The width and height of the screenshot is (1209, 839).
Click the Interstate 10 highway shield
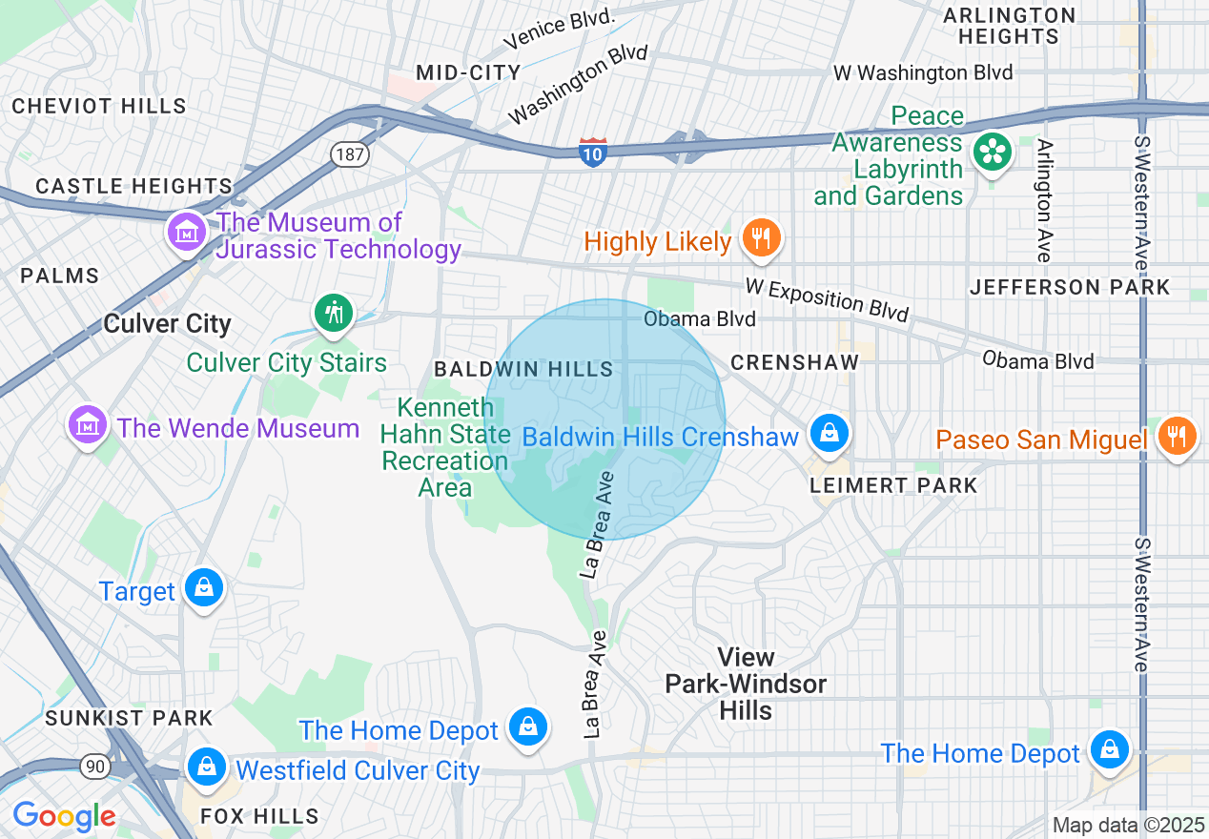click(x=592, y=152)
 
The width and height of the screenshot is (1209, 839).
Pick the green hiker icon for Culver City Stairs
click(x=334, y=312)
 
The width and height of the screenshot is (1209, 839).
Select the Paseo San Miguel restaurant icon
click(x=1178, y=436)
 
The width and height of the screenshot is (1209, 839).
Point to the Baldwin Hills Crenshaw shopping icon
click(x=830, y=434)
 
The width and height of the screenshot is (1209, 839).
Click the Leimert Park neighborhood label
click(x=893, y=485)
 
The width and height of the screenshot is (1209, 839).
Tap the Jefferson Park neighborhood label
click(x=1069, y=287)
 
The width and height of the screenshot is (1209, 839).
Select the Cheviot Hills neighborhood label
click(x=99, y=106)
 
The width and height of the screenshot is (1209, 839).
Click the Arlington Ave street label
click(x=1045, y=200)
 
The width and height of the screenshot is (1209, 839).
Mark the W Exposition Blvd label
click(x=827, y=299)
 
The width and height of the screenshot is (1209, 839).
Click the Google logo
click(x=64, y=816)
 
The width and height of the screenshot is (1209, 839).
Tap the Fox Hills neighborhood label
click(x=259, y=816)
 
